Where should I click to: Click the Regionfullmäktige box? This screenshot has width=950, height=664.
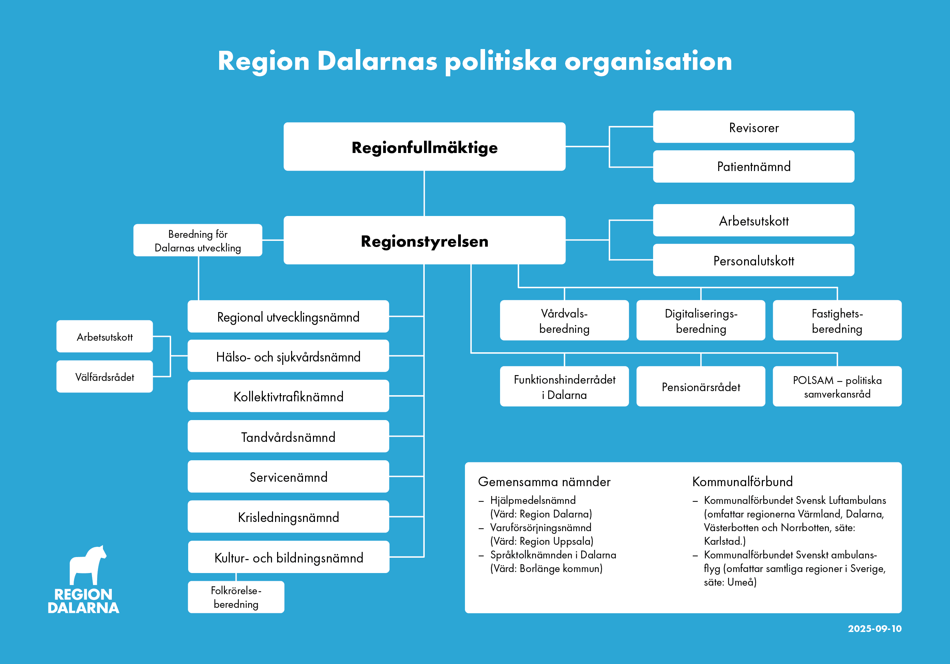coord(424,147)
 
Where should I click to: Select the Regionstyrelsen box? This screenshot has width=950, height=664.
coord(424,240)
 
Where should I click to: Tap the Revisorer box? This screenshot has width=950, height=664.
coord(753,127)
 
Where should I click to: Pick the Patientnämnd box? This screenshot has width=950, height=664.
coord(753,167)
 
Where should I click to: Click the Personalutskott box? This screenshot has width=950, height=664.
coord(753,261)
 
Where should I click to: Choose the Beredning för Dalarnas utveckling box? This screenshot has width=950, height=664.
coord(197,241)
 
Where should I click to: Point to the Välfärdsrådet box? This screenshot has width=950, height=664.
coord(105,377)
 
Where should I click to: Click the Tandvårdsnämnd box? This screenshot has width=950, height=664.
coord(288,437)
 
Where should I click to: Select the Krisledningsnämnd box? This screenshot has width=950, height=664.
coord(288,517)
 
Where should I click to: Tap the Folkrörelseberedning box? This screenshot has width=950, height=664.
coord(236,597)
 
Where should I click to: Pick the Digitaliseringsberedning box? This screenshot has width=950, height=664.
coord(700,321)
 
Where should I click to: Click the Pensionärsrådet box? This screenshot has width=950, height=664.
coord(700,387)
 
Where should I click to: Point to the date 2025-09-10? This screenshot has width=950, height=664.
coord(874,629)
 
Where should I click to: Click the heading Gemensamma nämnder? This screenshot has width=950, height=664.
coord(544,482)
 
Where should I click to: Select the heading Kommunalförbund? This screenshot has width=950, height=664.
coord(742,482)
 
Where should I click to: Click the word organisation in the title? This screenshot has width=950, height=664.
coord(648,61)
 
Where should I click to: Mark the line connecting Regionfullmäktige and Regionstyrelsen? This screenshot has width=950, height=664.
coord(424,194)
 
